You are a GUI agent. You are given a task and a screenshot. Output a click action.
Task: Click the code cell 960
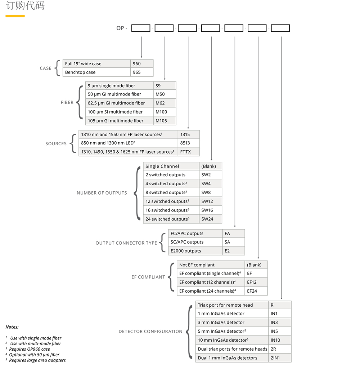(x=141, y=64)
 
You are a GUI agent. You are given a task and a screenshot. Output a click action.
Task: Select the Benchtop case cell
(x=96, y=72)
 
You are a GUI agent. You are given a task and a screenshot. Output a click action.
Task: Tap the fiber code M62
(x=165, y=103)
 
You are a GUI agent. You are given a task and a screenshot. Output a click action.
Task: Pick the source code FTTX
(x=188, y=152)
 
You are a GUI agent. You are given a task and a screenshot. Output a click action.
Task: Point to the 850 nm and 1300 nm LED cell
(x=128, y=143)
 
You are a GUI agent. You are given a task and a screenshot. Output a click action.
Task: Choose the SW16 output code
(x=211, y=210)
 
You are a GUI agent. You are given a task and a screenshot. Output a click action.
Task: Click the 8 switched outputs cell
(x=171, y=192)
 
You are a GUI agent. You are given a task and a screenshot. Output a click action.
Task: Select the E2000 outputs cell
(x=195, y=251)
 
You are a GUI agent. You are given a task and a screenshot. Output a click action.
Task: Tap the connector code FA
(x=233, y=234)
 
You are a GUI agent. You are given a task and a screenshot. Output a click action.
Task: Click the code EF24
(x=256, y=291)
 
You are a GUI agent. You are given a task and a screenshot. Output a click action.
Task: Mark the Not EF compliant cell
(x=211, y=265)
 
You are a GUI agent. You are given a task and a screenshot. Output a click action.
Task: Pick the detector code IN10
(x=279, y=340)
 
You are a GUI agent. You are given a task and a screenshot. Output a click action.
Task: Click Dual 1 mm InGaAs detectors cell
(x=232, y=358)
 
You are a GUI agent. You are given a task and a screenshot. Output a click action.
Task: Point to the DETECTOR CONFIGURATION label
(x=150, y=332)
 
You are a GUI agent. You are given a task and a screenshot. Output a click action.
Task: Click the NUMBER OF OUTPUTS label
(x=102, y=193)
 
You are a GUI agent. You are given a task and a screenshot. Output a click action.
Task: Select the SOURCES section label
(x=56, y=143)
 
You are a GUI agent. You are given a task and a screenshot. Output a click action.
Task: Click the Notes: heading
(x=12, y=327)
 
